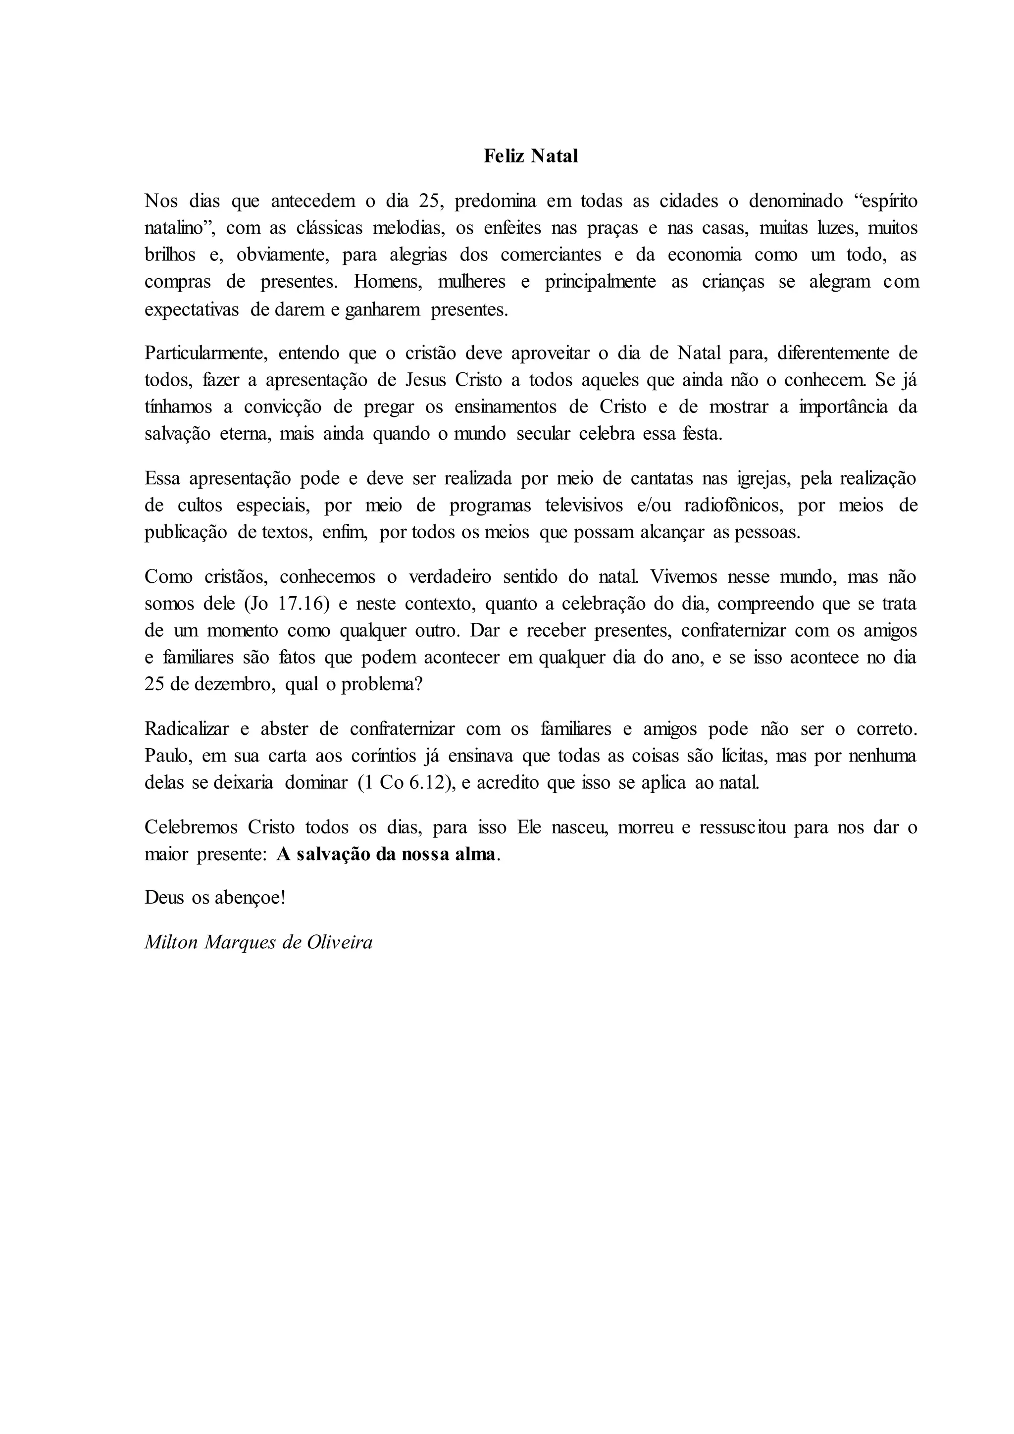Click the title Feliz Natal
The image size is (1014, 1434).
pyautogui.click(x=531, y=156)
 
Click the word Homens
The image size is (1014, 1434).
pyautogui.click(x=388, y=282)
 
